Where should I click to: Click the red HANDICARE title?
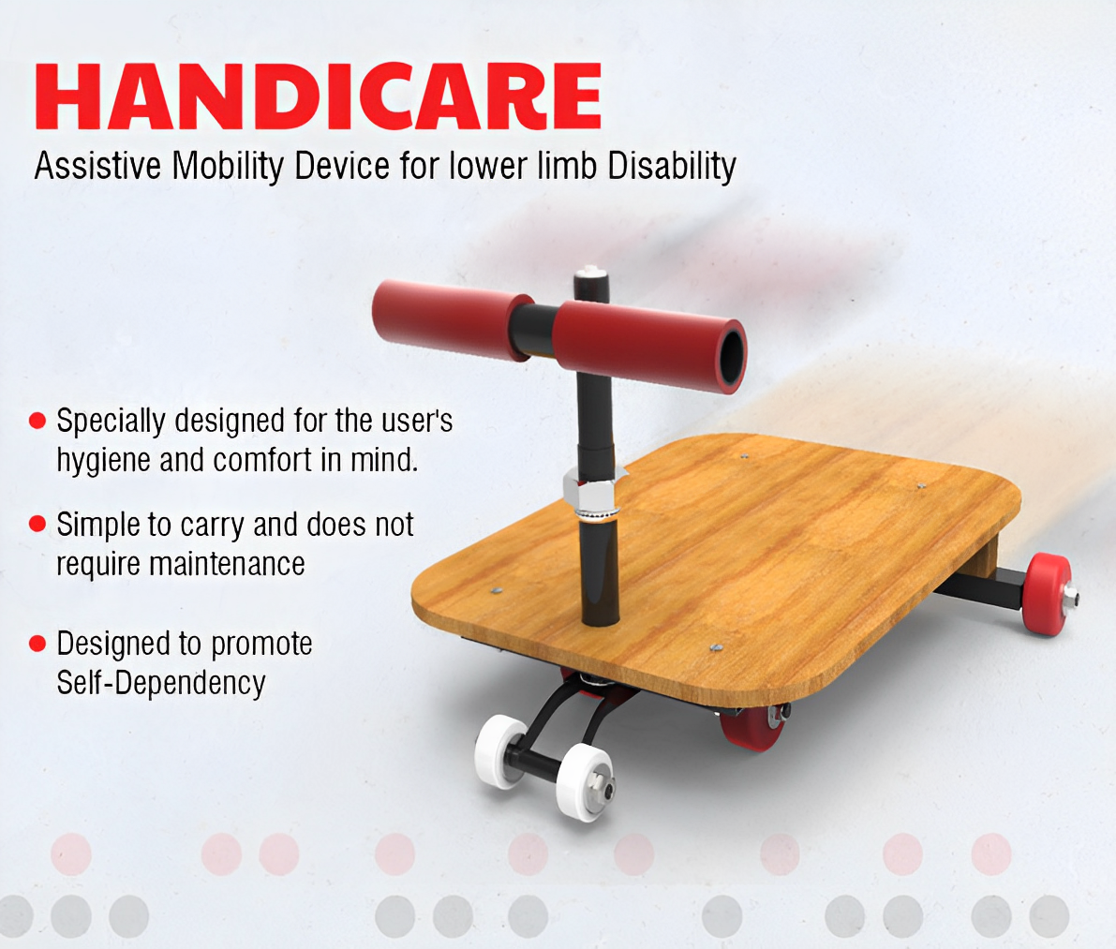click(319, 96)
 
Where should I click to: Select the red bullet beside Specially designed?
click(37, 421)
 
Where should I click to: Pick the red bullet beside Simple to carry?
click(37, 524)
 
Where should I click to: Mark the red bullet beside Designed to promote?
click(37, 644)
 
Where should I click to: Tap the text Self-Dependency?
click(161, 682)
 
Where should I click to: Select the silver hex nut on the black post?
click(588, 489)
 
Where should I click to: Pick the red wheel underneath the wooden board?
click(746, 728)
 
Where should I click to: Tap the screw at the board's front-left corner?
click(496, 591)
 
